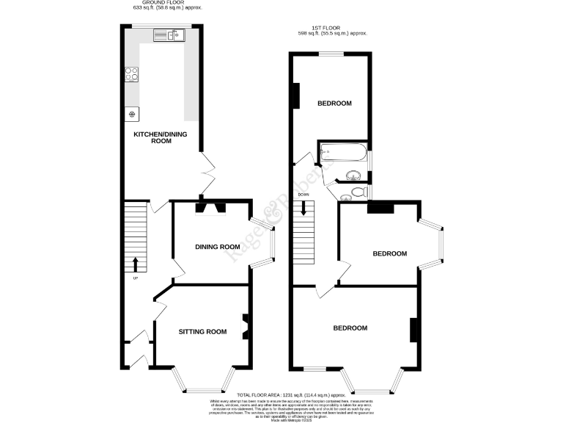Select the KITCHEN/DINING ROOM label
point(152,137)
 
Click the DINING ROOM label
point(217,247)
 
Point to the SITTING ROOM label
point(202,332)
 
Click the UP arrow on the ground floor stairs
point(136,264)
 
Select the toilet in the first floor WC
point(356,192)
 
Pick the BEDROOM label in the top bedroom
point(334,104)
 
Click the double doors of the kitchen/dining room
point(207,176)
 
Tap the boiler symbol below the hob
point(133,114)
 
